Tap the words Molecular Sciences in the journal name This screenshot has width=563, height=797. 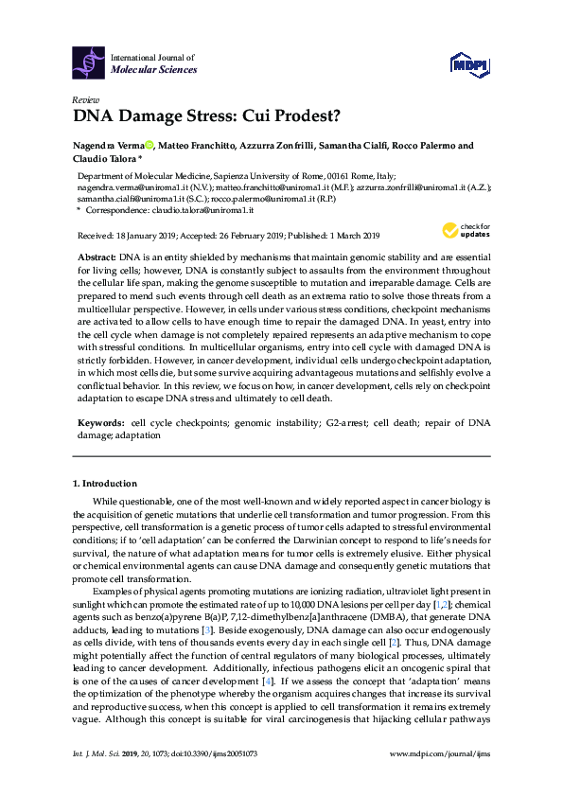(x=154, y=70)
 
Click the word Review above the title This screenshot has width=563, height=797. (x=85, y=99)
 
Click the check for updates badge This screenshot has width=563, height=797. (x=464, y=231)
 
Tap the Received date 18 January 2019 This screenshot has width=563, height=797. (x=150, y=236)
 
